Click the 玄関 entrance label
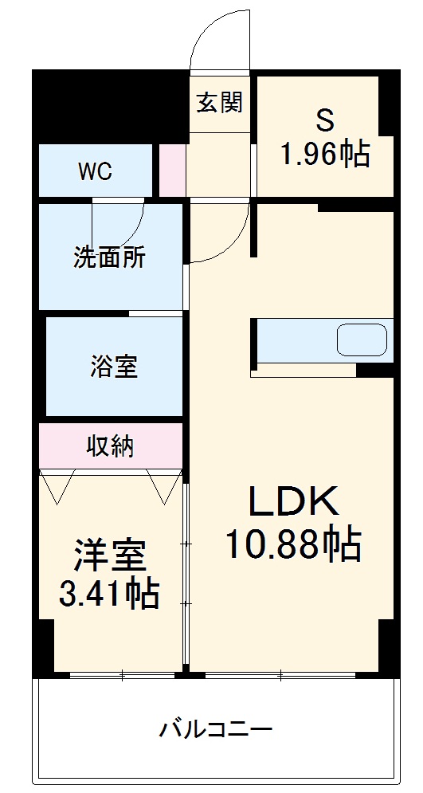tap(220, 102)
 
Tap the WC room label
tap(95, 171)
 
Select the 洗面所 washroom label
tap(110, 257)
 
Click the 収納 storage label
tap(111, 447)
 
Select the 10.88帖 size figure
tap(294, 545)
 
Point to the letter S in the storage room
tap(324, 120)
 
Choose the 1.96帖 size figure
tap(324, 153)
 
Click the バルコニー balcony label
tap(216, 729)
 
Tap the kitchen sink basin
tap(361, 340)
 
